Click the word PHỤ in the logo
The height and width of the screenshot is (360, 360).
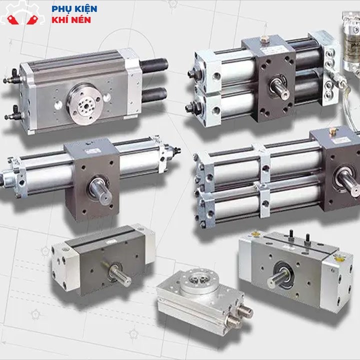(60, 9)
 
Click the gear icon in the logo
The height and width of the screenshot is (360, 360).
(22, 12)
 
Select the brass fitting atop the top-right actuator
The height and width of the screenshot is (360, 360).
(264, 39)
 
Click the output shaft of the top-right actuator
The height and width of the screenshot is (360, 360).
(280, 88)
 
